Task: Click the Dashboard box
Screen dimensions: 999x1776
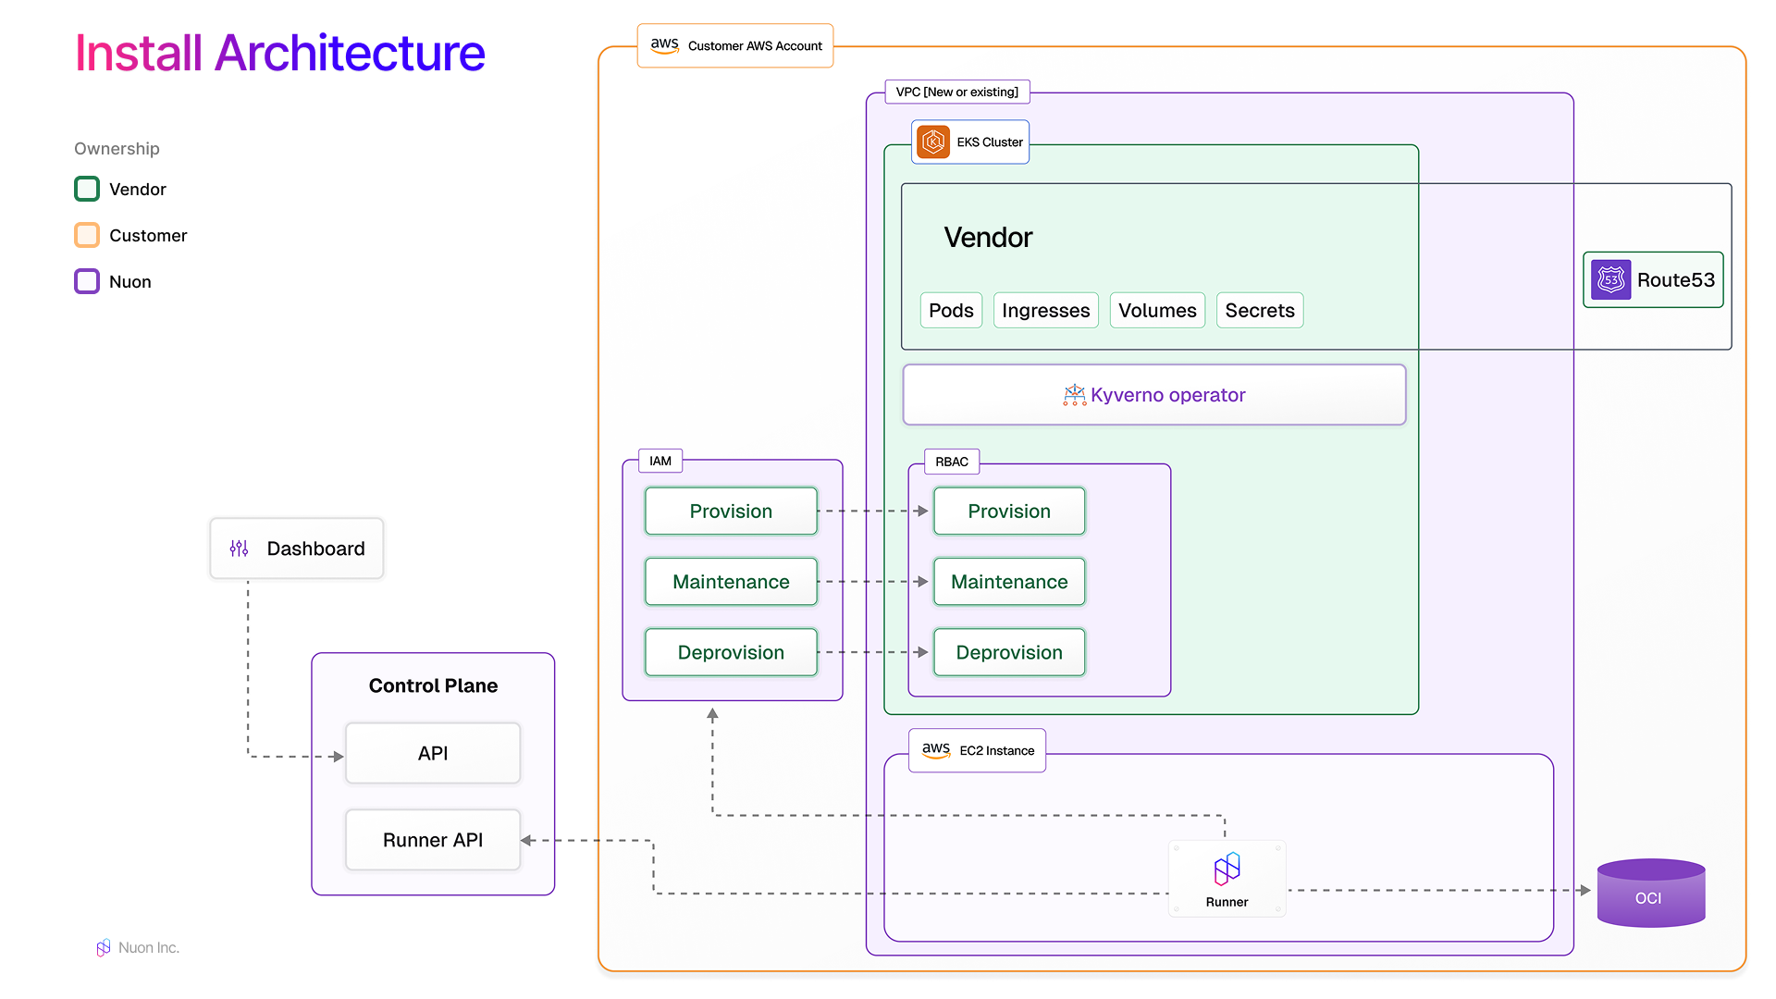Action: click(296, 549)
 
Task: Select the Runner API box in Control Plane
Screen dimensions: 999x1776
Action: click(433, 840)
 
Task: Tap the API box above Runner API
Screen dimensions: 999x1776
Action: click(433, 753)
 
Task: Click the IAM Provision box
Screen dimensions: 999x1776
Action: click(731, 511)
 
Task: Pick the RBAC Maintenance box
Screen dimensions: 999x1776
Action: click(1009, 582)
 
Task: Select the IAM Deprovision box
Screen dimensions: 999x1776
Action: click(731, 652)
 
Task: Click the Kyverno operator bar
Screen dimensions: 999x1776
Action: click(1154, 395)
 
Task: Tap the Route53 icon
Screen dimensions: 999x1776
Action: click(1610, 279)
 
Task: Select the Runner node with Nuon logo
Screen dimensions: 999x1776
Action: click(1227, 879)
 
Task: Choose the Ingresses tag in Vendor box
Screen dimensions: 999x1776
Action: click(1045, 311)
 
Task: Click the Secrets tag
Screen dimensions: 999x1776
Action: click(1259, 311)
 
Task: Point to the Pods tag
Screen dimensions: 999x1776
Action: click(951, 311)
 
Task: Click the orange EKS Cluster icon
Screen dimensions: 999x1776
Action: click(933, 142)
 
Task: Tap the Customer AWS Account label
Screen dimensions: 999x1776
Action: click(735, 45)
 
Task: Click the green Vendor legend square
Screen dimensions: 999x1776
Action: click(87, 189)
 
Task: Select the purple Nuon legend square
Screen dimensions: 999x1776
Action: click(87, 281)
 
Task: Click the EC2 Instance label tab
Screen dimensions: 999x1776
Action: click(978, 750)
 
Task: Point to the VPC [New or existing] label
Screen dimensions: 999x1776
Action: click(956, 92)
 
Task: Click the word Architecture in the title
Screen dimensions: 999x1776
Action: click(350, 53)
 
